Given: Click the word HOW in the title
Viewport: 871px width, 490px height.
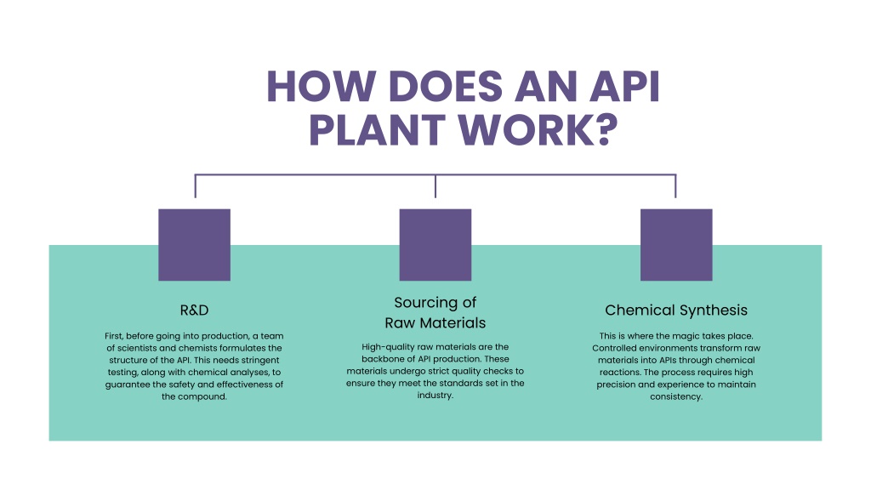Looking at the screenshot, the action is [321, 87].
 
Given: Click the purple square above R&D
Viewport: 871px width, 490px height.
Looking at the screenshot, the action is [195, 245].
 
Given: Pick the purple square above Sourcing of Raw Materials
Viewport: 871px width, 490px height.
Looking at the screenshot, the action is [435, 245].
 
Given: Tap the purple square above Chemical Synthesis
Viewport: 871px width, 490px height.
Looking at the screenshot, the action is [676, 245].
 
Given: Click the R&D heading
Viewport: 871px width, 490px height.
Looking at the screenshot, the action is [195, 310].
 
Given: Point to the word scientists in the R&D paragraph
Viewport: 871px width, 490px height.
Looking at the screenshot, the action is [137, 348].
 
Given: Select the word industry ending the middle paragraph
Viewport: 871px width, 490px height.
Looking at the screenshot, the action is [435, 396].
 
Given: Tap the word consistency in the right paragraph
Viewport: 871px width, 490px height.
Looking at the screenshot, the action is [676, 396].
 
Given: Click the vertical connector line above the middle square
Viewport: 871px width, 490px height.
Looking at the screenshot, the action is [435, 186].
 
